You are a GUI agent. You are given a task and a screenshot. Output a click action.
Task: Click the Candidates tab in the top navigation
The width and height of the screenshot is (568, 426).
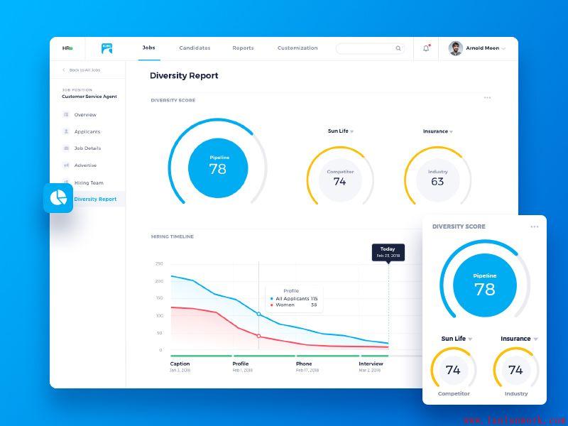pyautogui.click(x=195, y=48)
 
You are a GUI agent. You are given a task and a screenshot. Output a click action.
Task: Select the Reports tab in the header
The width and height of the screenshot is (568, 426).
pyautogui.click(x=243, y=48)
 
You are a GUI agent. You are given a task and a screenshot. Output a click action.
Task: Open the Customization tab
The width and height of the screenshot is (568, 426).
pyautogui.click(x=297, y=48)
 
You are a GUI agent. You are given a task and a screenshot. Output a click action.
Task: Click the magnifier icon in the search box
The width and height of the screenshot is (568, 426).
pyautogui.click(x=398, y=48)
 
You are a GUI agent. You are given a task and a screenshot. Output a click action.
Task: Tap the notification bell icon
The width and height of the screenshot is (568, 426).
pyautogui.click(x=426, y=48)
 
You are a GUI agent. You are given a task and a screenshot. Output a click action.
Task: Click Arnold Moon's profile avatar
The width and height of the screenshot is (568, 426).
pyautogui.click(x=456, y=48)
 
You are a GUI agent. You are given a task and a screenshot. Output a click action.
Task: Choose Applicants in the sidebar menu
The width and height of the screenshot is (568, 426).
pyautogui.click(x=87, y=131)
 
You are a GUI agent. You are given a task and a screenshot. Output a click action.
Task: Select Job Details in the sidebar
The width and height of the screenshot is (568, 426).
pyautogui.click(x=87, y=148)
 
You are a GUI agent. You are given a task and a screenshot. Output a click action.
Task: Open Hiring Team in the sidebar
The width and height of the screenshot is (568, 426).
pyautogui.click(x=88, y=182)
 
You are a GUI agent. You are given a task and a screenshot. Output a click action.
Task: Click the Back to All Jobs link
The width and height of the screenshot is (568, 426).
pyautogui.click(x=84, y=70)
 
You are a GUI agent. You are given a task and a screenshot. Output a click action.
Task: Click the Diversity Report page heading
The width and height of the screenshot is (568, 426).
pyautogui.click(x=184, y=76)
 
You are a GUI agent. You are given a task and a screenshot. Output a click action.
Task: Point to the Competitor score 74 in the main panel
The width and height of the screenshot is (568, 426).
pyautogui.click(x=340, y=181)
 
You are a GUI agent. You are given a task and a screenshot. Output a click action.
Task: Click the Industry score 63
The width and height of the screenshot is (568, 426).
pyautogui.click(x=437, y=181)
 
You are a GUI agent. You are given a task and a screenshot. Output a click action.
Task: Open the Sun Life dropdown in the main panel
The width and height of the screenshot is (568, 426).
pyautogui.click(x=340, y=131)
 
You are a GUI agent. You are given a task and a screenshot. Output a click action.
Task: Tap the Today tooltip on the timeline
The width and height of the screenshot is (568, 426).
pyautogui.click(x=388, y=252)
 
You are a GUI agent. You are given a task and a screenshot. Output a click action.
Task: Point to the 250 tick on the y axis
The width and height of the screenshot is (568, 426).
pyautogui.click(x=159, y=263)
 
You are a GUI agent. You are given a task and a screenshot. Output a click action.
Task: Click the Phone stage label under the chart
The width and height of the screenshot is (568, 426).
pyautogui.click(x=304, y=364)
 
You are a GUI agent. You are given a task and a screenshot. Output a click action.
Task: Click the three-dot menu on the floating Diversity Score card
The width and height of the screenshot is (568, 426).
pyautogui.click(x=534, y=227)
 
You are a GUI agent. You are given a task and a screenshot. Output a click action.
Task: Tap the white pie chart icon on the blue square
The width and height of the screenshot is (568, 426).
pyautogui.click(x=58, y=198)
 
